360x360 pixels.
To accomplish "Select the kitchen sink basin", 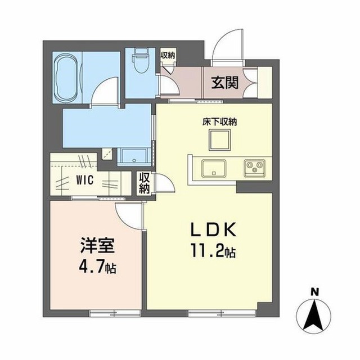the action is [213, 168].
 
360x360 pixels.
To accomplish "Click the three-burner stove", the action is [254, 168].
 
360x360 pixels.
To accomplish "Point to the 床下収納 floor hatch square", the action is [219, 140].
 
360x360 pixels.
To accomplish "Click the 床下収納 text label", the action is [219, 122].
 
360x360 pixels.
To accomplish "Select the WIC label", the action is [85, 180].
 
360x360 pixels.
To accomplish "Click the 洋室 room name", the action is [97, 246].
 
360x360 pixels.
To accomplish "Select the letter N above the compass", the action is [314, 292].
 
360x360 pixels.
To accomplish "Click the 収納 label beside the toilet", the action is [168, 55].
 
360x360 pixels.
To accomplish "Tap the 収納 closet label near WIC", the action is [144, 183].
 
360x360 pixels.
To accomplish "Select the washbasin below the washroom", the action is [134, 157].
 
